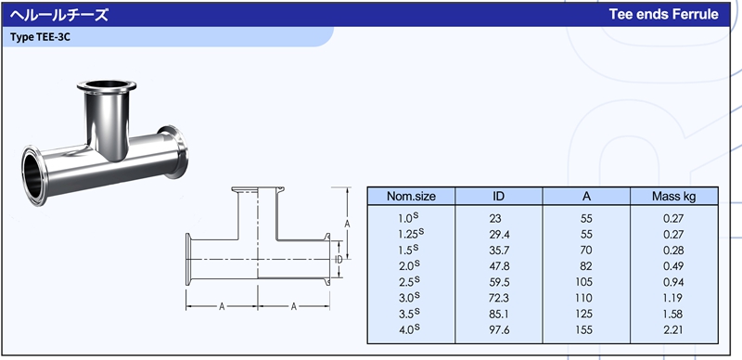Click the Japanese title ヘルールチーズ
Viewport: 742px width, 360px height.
pyautogui.click(x=59, y=15)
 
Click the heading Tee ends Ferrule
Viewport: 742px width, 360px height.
pyautogui.click(x=663, y=14)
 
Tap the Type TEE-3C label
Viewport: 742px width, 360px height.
pyautogui.click(x=40, y=37)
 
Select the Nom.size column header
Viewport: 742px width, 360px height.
pyautogui.click(x=411, y=196)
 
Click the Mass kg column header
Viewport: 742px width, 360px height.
pyautogui.click(x=674, y=196)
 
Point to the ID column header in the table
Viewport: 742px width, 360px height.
pyautogui.click(x=499, y=196)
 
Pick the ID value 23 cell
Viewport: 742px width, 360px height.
pyautogui.click(x=495, y=219)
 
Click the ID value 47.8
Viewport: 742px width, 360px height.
pyautogui.click(x=499, y=266)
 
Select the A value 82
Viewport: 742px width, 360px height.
pyautogui.click(x=586, y=266)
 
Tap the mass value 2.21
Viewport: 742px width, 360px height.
pyautogui.click(x=673, y=329)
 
